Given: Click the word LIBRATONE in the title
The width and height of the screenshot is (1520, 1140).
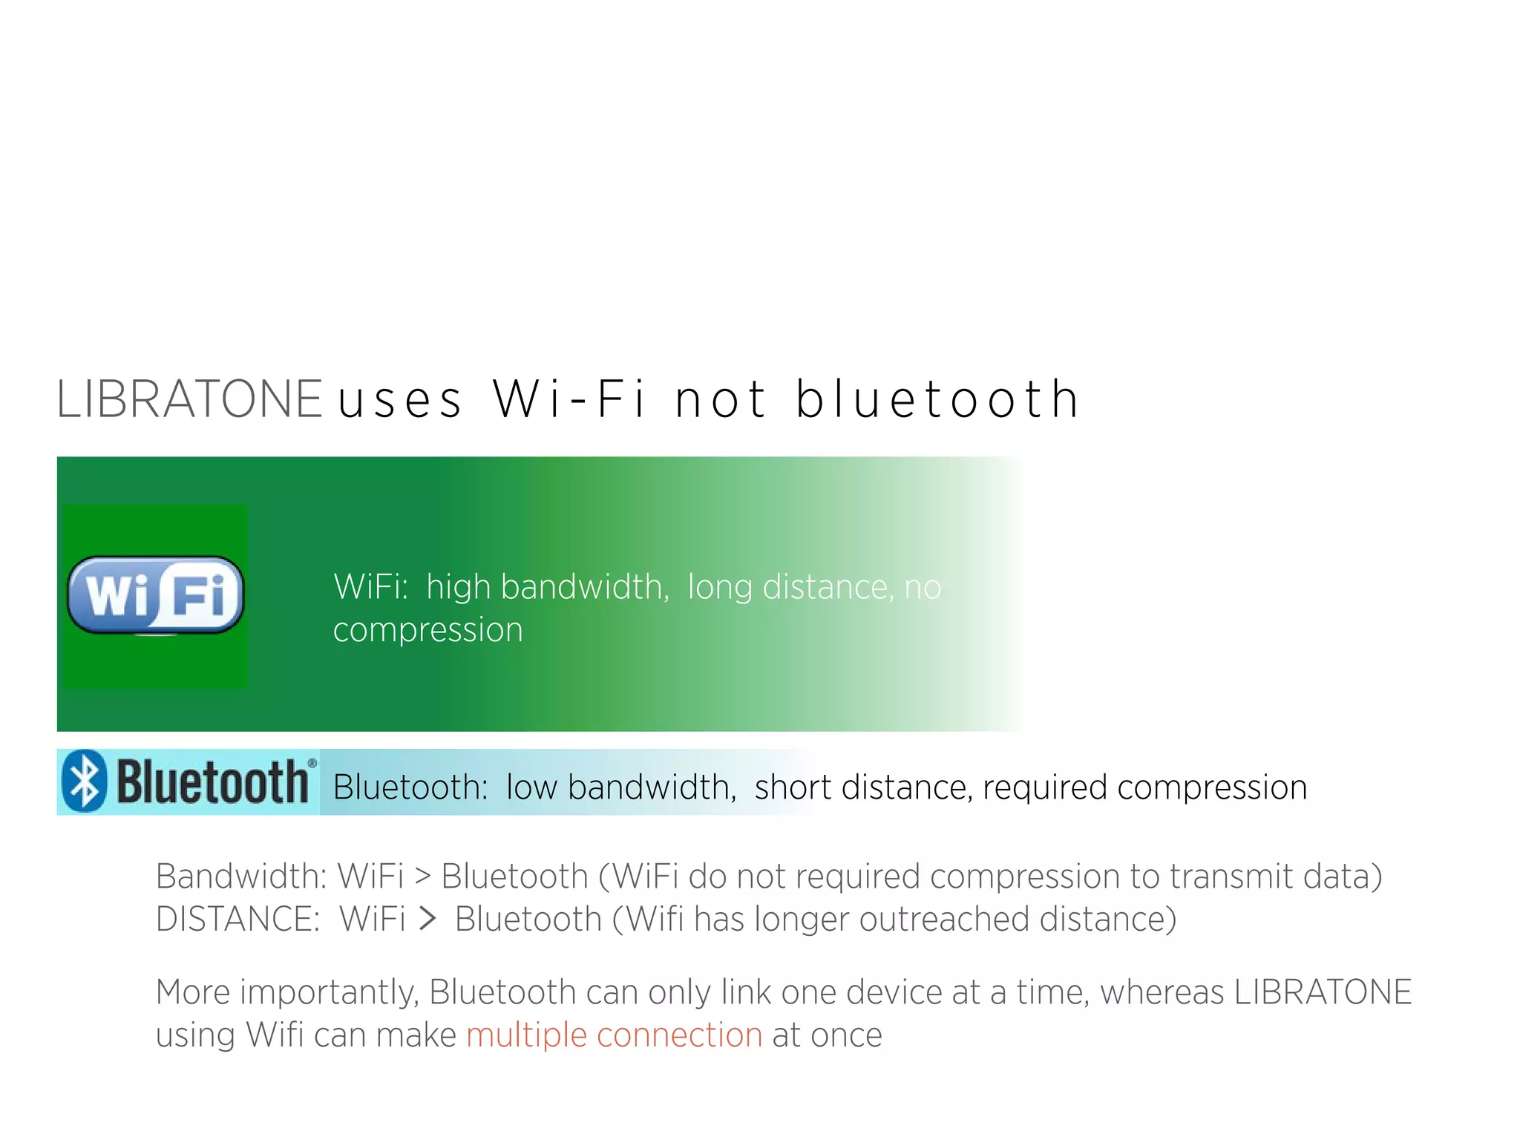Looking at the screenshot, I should (x=189, y=399).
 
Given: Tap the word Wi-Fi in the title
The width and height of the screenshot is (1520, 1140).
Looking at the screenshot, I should (x=569, y=399).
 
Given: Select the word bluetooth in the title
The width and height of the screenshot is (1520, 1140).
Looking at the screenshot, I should (x=937, y=399).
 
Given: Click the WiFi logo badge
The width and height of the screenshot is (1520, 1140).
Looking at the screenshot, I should (x=156, y=595).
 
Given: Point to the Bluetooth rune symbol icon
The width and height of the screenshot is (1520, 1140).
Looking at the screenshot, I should (x=84, y=782).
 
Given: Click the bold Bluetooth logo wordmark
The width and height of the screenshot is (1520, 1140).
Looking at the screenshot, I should (x=212, y=782).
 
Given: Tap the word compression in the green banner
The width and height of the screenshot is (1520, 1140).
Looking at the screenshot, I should (x=427, y=630).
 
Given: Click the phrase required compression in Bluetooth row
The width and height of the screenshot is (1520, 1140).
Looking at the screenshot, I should (x=1144, y=787).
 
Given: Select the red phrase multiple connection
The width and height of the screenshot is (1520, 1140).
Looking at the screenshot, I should (x=615, y=1035).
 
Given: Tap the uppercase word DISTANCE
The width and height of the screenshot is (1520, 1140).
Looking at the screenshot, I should (x=237, y=920).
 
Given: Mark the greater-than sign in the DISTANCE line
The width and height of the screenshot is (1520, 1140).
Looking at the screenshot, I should (x=427, y=920).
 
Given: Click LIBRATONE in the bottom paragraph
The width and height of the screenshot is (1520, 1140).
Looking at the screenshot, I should (x=1323, y=992).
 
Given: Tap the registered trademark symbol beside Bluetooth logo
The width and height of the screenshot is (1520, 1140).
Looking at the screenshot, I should (x=312, y=763).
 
